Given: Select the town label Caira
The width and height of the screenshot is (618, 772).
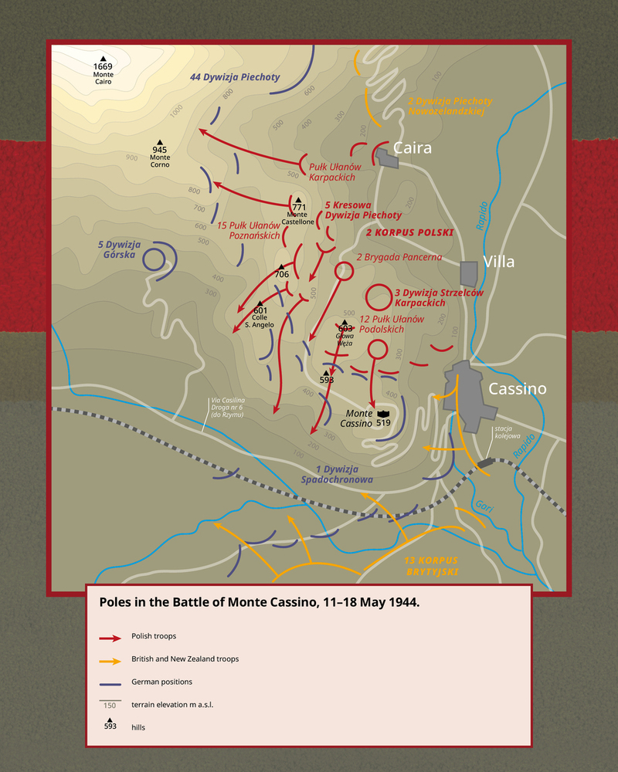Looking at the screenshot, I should pos(412,147).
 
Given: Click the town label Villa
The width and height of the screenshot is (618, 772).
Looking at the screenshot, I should pos(499,262).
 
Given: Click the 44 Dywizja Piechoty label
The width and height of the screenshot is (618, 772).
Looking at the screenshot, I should pos(235,77).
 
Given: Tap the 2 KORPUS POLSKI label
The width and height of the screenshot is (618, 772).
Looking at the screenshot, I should pos(409,232).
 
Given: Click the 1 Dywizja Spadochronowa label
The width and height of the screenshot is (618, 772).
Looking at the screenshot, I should pos(345,474).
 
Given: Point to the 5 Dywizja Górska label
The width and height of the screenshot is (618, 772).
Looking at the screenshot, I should pos(117,249).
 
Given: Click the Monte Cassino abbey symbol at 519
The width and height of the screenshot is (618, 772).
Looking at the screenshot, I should pos(383,415).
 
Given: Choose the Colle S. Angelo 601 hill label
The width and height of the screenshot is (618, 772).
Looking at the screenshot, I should pos(260,317).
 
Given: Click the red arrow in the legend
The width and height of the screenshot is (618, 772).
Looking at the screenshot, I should pos(110,638).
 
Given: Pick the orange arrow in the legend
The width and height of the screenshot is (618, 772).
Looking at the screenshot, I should pos(110,661).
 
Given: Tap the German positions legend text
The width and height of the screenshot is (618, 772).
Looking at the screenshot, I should pos(161,682).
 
